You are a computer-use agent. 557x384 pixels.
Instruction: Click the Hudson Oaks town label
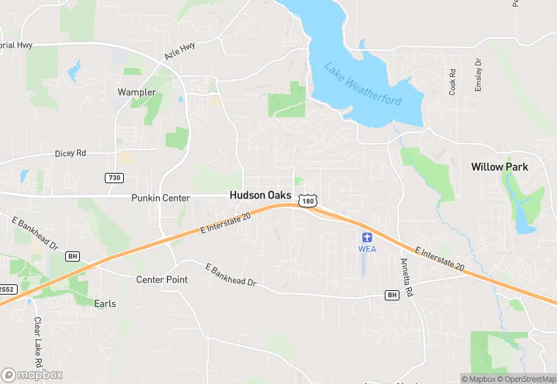click(x=260, y=196)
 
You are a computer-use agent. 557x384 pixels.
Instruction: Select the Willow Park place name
click(x=499, y=167)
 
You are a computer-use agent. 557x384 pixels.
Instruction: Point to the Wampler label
click(x=136, y=92)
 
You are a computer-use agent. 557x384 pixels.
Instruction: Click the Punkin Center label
click(x=161, y=198)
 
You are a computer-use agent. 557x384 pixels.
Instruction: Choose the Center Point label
click(x=162, y=280)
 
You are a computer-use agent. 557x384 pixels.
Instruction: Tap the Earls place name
click(x=105, y=303)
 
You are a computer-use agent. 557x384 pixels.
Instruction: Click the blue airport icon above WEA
click(x=367, y=237)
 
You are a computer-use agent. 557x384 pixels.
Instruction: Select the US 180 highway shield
click(x=309, y=201)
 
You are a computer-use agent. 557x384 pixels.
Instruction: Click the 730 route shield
click(x=114, y=178)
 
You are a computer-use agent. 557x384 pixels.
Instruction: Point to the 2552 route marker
click(x=7, y=289)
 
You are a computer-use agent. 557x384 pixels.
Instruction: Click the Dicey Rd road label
click(x=70, y=154)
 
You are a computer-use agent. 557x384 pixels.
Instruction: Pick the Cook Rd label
click(x=453, y=81)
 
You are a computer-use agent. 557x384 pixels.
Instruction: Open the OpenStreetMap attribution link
click(x=525, y=379)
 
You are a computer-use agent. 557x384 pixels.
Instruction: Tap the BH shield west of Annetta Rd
click(x=391, y=295)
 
